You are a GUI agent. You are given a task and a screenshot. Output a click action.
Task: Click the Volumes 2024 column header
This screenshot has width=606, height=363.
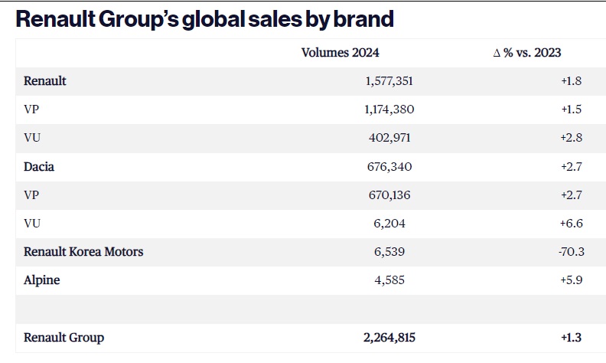point(340,53)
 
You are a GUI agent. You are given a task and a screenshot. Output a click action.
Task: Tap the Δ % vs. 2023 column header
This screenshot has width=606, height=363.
point(527,53)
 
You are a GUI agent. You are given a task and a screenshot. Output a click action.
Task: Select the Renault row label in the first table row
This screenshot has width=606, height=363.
point(45,81)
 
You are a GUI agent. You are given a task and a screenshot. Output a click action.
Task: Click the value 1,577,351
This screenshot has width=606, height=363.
point(389,81)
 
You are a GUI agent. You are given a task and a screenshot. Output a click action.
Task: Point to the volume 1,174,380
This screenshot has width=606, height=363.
point(389,110)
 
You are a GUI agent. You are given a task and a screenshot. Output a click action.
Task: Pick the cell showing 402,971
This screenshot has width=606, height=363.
point(389,138)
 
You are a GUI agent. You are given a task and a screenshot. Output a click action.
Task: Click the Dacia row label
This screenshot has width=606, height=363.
point(39,167)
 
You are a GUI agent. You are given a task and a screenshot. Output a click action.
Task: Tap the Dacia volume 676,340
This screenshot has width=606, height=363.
point(389,167)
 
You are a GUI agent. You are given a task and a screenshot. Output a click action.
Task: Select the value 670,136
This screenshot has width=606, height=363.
point(389,195)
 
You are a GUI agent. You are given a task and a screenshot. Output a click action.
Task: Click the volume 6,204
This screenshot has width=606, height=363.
point(389,224)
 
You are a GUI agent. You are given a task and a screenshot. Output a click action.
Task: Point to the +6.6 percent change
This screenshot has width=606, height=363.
point(572,224)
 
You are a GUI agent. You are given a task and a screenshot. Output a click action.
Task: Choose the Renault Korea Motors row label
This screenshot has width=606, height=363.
point(83,251)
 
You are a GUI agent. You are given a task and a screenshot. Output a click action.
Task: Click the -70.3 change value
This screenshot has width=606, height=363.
point(572,251)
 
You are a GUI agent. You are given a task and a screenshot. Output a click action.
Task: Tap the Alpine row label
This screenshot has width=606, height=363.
point(42,280)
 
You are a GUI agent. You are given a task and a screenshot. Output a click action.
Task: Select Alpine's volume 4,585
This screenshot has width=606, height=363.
point(389,280)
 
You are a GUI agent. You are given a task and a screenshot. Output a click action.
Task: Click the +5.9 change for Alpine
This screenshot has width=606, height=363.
point(572,280)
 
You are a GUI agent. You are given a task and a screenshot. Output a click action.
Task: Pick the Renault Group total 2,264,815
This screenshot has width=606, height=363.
point(389,338)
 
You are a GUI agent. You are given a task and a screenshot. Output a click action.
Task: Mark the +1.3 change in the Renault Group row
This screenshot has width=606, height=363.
point(572,338)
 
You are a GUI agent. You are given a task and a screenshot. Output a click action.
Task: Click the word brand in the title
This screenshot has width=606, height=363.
point(363,19)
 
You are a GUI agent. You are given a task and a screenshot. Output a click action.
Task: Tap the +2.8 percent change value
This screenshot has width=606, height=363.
point(572,138)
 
